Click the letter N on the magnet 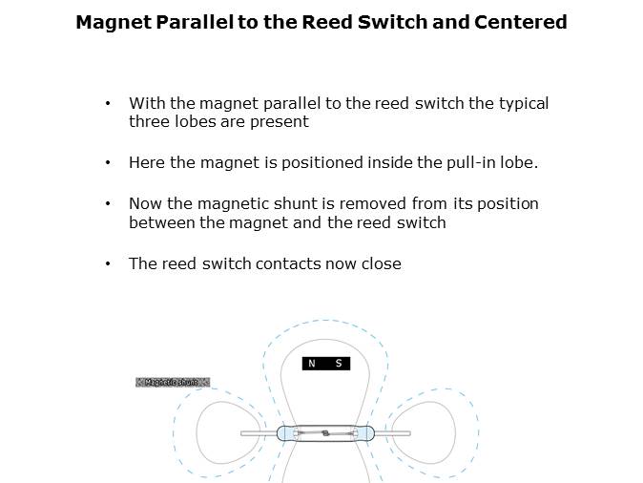(311, 364)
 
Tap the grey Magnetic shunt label (172, 383)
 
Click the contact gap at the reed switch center (325, 434)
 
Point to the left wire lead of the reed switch (258, 434)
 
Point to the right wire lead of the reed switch (391, 434)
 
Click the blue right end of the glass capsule (363, 433)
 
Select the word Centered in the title (524, 22)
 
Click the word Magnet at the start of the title (110, 22)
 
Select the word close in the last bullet (381, 263)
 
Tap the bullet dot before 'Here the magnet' (109, 163)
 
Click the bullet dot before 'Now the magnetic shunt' (109, 204)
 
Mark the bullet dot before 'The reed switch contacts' (109, 263)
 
